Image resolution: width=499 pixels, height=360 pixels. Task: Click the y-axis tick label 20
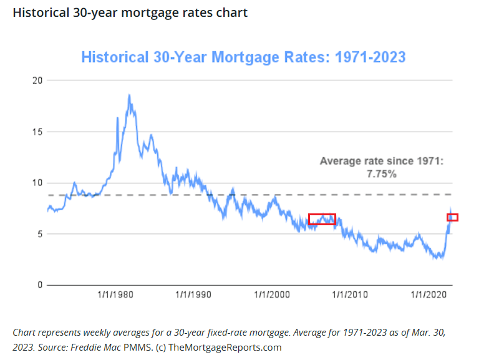tap(37, 80)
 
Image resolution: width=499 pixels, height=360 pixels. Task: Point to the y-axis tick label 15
tap(37, 132)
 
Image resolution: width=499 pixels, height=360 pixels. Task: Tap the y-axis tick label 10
tap(37, 183)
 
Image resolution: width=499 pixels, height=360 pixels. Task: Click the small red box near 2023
tap(452, 217)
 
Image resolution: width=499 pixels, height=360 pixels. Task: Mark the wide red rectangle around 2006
tap(322, 220)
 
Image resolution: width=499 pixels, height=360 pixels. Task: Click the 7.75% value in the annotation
tap(381, 174)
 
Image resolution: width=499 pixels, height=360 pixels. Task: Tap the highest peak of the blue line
tap(129, 95)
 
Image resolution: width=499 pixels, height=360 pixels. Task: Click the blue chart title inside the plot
tap(243, 57)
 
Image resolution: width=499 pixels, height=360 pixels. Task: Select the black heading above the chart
tap(130, 12)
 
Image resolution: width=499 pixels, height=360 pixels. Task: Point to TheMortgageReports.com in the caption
tap(225, 348)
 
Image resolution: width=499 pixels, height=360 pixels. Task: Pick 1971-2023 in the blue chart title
tap(371, 57)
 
